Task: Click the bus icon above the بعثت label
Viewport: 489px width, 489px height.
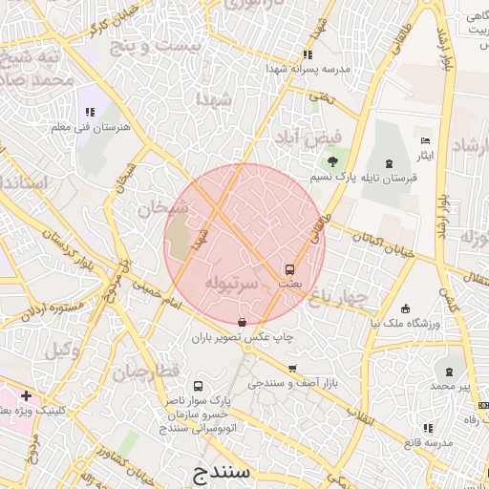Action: pyautogui.click(x=289, y=269)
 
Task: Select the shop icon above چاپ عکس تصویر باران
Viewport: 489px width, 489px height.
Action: pyautogui.click(x=241, y=322)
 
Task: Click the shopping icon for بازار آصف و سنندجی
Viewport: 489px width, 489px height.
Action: pyautogui.click(x=292, y=368)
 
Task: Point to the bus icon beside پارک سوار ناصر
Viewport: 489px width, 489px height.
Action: pyautogui.click(x=198, y=387)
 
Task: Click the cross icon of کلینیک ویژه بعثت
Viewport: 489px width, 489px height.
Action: pyautogui.click(x=26, y=395)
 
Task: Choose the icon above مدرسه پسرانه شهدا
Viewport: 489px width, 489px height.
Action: pyautogui.click(x=307, y=54)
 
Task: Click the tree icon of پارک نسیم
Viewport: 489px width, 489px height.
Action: pyautogui.click(x=332, y=161)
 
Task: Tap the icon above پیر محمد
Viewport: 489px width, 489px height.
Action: pyautogui.click(x=448, y=370)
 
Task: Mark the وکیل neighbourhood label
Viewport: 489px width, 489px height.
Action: pyautogui.click(x=62, y=350)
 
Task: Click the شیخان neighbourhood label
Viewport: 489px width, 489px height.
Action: pyautogui.click(x=154, y=207)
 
